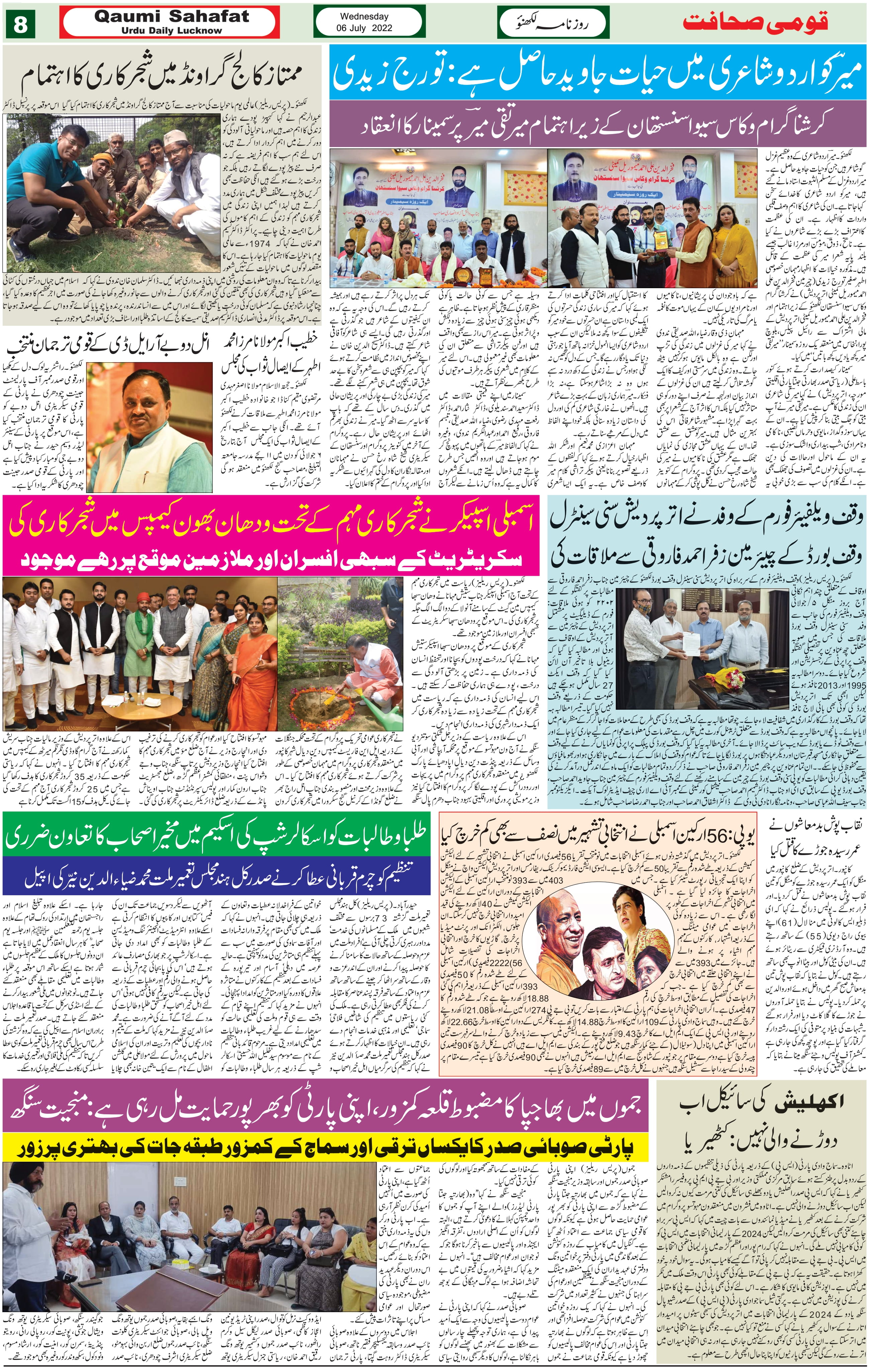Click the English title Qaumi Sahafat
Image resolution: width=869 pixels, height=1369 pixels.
point(171,16)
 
